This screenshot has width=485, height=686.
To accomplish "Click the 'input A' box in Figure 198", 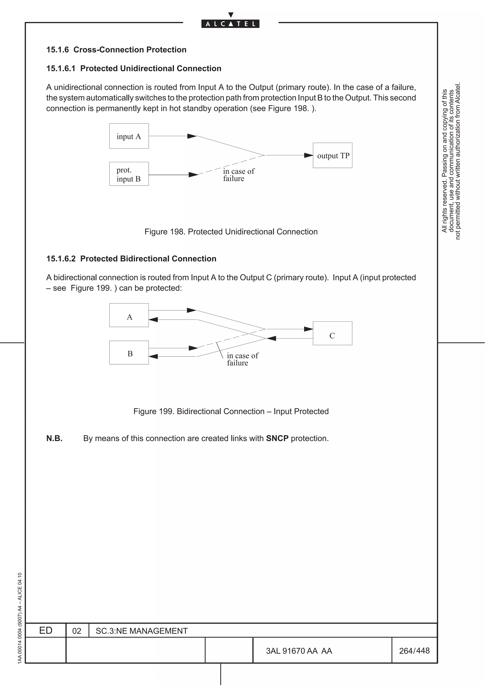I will pyautogui.click(x=129, y=136).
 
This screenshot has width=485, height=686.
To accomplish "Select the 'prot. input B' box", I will pyautogui.click(x=129, y=174).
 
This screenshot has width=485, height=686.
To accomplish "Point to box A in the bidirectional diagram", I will pyautogui.click(x=129, y=316).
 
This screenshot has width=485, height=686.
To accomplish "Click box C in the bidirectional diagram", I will pyautogui.click(x=332, y=334).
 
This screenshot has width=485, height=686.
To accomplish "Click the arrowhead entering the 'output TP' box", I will pyautogui.click(x=308, y=155).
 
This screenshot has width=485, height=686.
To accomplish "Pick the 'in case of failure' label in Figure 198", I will pyautogui.click(x=238, y=175).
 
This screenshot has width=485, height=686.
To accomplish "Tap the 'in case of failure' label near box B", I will pyautogui.click(x=242, y=359).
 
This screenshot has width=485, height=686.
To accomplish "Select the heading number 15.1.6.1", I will pyautogui.click(x=61, y=68).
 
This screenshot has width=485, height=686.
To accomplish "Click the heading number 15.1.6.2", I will pyautogui.click(x=61, y=259).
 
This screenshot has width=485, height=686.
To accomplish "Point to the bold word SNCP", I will pyautogui.click(x=277, y=438).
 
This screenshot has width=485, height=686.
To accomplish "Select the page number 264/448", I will pyautogui.click(x=414, y=650).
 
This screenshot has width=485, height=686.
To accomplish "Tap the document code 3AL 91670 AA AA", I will pyautogui.click(x=299, y=651).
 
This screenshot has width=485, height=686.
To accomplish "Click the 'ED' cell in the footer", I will pyautogui.click(x=46, y=630).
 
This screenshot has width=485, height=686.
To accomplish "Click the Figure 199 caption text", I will pyautogui.click(x=231, y=411).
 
